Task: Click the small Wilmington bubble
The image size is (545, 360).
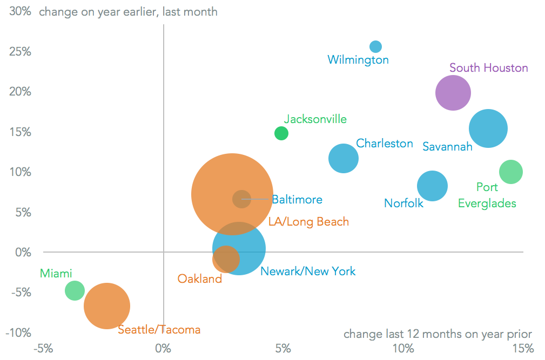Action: [375, 46]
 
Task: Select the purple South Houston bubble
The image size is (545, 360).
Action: [453, 93]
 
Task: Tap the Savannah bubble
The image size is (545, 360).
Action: [488, 128]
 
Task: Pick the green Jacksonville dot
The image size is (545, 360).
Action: [281, 133]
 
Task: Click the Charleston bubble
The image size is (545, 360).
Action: [344, 159]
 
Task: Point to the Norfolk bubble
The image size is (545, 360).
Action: [432, 186]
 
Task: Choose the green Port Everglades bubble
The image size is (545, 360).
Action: [510, 172]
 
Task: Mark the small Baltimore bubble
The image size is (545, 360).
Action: [241, 199]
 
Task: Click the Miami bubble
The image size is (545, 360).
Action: [75, 290]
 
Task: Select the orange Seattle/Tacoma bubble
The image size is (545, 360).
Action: [107, 306]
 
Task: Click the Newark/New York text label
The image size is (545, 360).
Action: [308, 271]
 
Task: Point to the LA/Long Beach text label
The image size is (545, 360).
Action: [308, 222]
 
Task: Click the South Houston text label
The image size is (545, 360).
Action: [488, 68]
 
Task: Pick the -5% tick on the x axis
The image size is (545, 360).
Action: [43, 348]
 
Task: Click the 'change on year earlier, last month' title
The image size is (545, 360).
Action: [129, 11]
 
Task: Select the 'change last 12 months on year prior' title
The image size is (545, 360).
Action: [438, 334]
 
